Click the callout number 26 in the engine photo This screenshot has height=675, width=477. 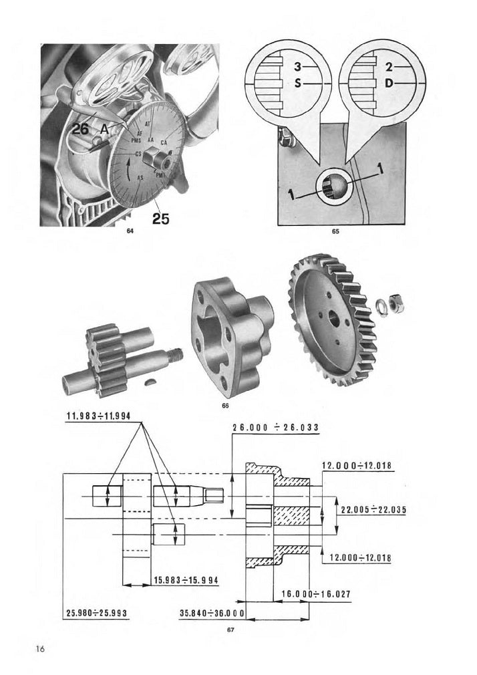point(80,130)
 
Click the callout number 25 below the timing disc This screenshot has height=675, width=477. point(160,218)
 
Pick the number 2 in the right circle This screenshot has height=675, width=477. point(389,67)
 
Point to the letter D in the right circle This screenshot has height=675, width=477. point(389,84)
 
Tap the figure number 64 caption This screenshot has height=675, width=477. point(130,231)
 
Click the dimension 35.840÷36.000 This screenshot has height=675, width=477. point(212,612)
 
